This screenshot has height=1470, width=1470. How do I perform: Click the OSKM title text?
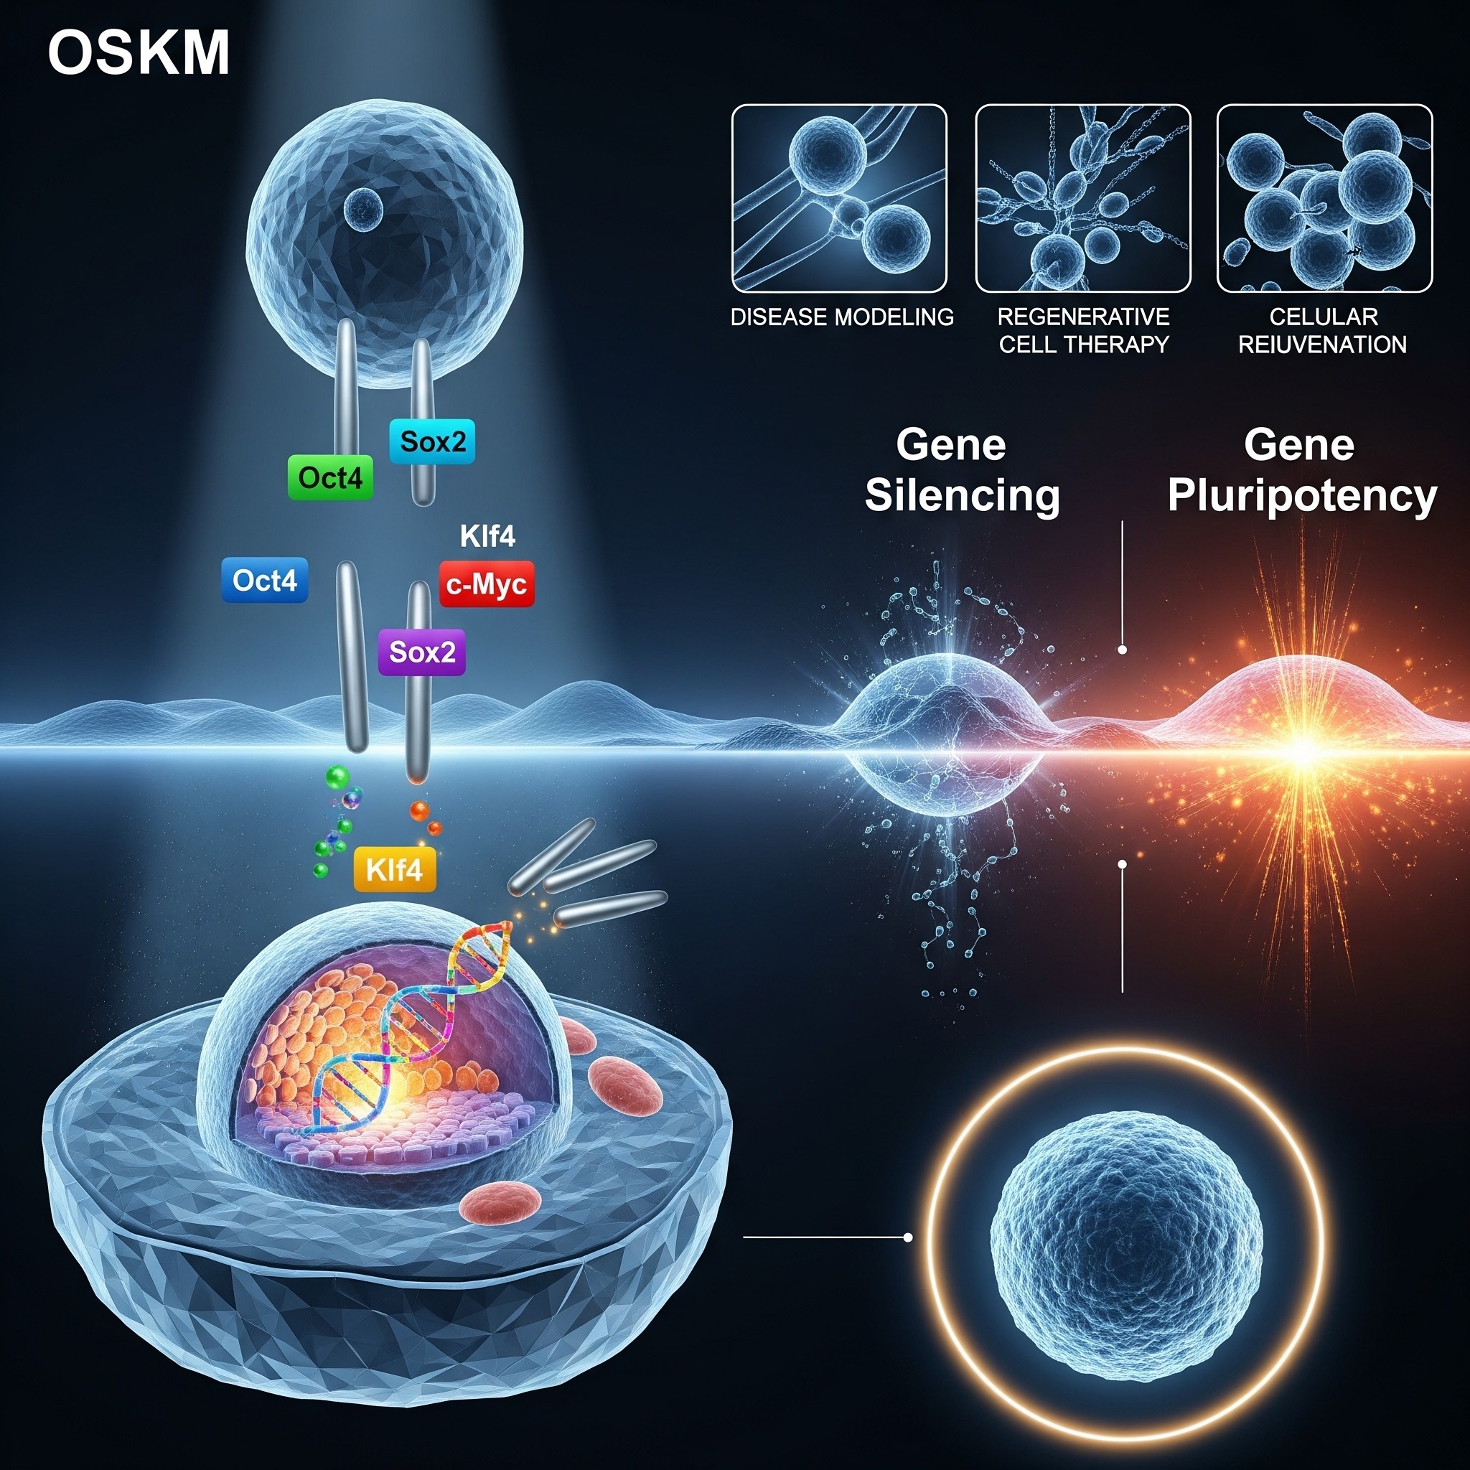pyautogui.click(x=139, y=53)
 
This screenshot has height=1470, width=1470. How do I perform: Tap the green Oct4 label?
pyautogui.click(x=330, y=478)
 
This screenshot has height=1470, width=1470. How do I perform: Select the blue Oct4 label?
pyautogui.click(x=265, y=581)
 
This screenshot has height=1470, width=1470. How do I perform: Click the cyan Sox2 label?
pyautogui.click(x=432, y=441)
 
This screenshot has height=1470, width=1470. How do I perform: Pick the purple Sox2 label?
pyautogui.click(x=421, y=652)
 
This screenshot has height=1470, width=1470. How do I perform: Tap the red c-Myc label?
pyautogui.click(x=487, y=584)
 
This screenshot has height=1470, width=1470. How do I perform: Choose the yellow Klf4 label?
pyautogui.click(x=394, y=869)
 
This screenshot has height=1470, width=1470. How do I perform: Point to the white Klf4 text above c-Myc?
pyautogui.click(x=487, y=536)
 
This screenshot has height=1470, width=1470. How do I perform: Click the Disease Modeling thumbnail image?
pyautogui.click(x=839, y=199)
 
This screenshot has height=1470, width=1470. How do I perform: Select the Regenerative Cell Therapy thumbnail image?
pyautogui.click(x=1082, y=199)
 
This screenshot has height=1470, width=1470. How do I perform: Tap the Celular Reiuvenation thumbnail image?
pyautogui.click(x=1325, y=199)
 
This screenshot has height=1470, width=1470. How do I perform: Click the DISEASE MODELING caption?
pyautogui.click(x=841, y=317)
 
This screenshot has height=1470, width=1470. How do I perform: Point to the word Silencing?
pyautogui.click(x=963, y=495)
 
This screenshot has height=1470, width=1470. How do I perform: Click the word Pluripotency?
pyautogui.click(x=1302, y=495)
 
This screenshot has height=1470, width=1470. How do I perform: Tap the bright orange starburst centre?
pyautogui.click(x=1303, y=752)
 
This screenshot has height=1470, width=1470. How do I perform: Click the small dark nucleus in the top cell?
pyautogui.click(x=363, y=207)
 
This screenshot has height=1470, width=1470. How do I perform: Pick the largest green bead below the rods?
pyautogui.click(x=337, y=777)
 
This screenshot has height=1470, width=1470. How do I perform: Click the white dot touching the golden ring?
pyautogui.click(x=908, y=1238)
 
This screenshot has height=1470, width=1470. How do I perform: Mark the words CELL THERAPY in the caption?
pyautogui.click(x=1083, y=345)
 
